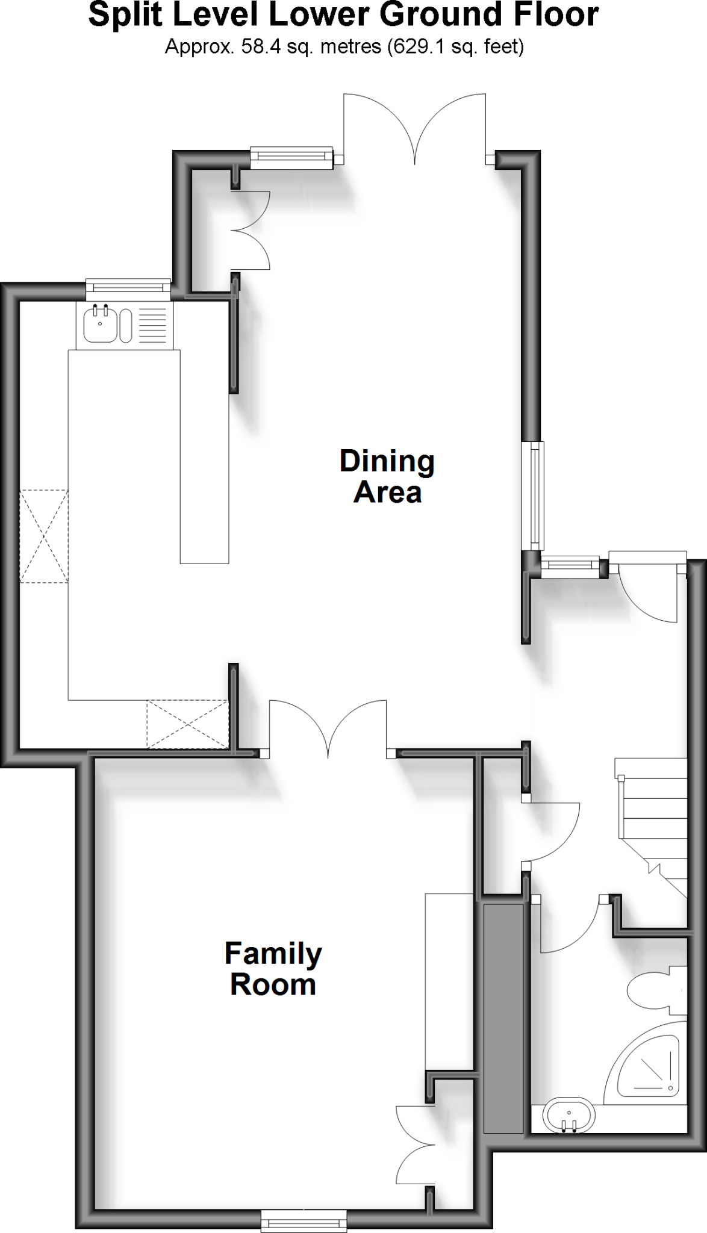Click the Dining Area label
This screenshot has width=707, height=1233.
point(387,476)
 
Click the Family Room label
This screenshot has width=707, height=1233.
point(273,969)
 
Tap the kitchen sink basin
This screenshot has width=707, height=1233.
point(96,324)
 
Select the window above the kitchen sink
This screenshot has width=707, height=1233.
point(128,288)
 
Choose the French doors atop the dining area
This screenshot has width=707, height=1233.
point(414,129)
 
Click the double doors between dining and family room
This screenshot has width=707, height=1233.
point(329,728)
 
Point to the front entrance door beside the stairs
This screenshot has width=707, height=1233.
point(650,590)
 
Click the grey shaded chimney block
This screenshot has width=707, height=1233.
point(503,1017)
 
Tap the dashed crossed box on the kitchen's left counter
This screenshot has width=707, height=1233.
point(44,536)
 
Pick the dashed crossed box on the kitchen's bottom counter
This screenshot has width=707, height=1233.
point(188,724)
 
